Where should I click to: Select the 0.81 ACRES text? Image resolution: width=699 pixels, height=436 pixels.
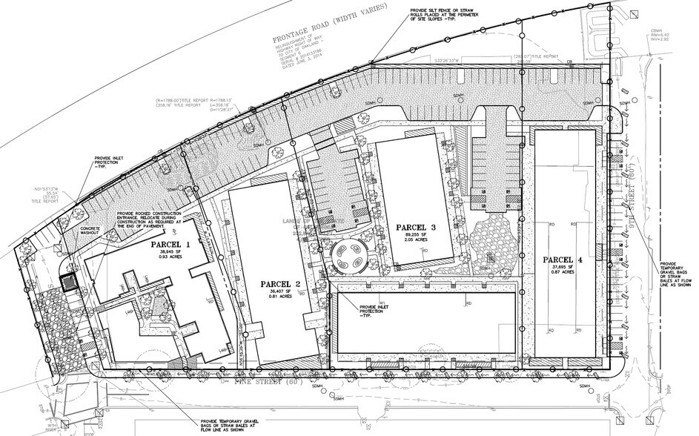(281, 300)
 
